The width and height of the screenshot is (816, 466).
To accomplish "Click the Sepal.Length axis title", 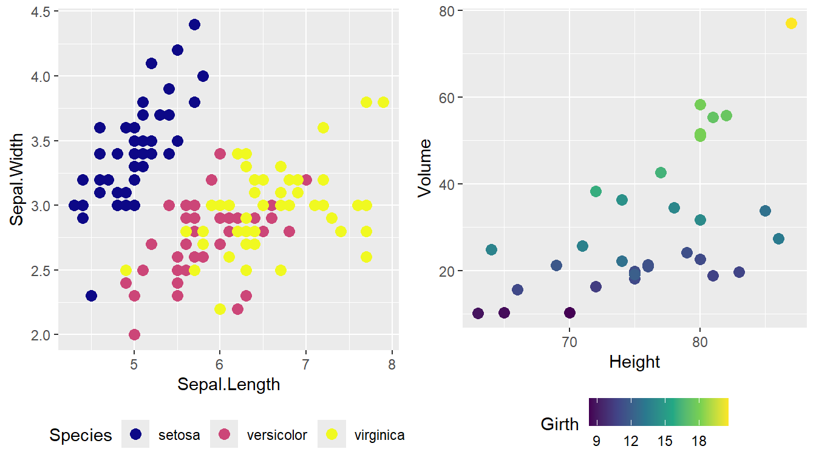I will coord(228,384).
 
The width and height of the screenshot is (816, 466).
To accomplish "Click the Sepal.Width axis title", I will coord(17,179).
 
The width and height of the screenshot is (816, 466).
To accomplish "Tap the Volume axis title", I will coord(425,167).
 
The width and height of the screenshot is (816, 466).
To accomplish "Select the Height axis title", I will coord(634,362).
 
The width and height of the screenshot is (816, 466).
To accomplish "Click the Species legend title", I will coord(81,435).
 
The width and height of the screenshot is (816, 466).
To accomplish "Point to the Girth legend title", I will coord(560,424).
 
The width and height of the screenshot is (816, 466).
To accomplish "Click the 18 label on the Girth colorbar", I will coord(699,441).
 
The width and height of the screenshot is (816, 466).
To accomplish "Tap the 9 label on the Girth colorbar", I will coord(596,441).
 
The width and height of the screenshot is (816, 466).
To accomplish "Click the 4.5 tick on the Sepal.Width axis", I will coord(40,12).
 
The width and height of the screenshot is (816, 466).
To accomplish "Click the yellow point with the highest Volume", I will coord(791,23).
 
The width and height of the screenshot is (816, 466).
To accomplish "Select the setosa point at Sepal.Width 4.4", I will coord(194,24).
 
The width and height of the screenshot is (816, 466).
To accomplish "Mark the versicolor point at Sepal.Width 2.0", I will coord(134,334).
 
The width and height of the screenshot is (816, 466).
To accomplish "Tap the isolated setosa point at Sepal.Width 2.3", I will coord(91,295).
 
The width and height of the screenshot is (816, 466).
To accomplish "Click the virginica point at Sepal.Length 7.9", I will coord(383,102).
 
